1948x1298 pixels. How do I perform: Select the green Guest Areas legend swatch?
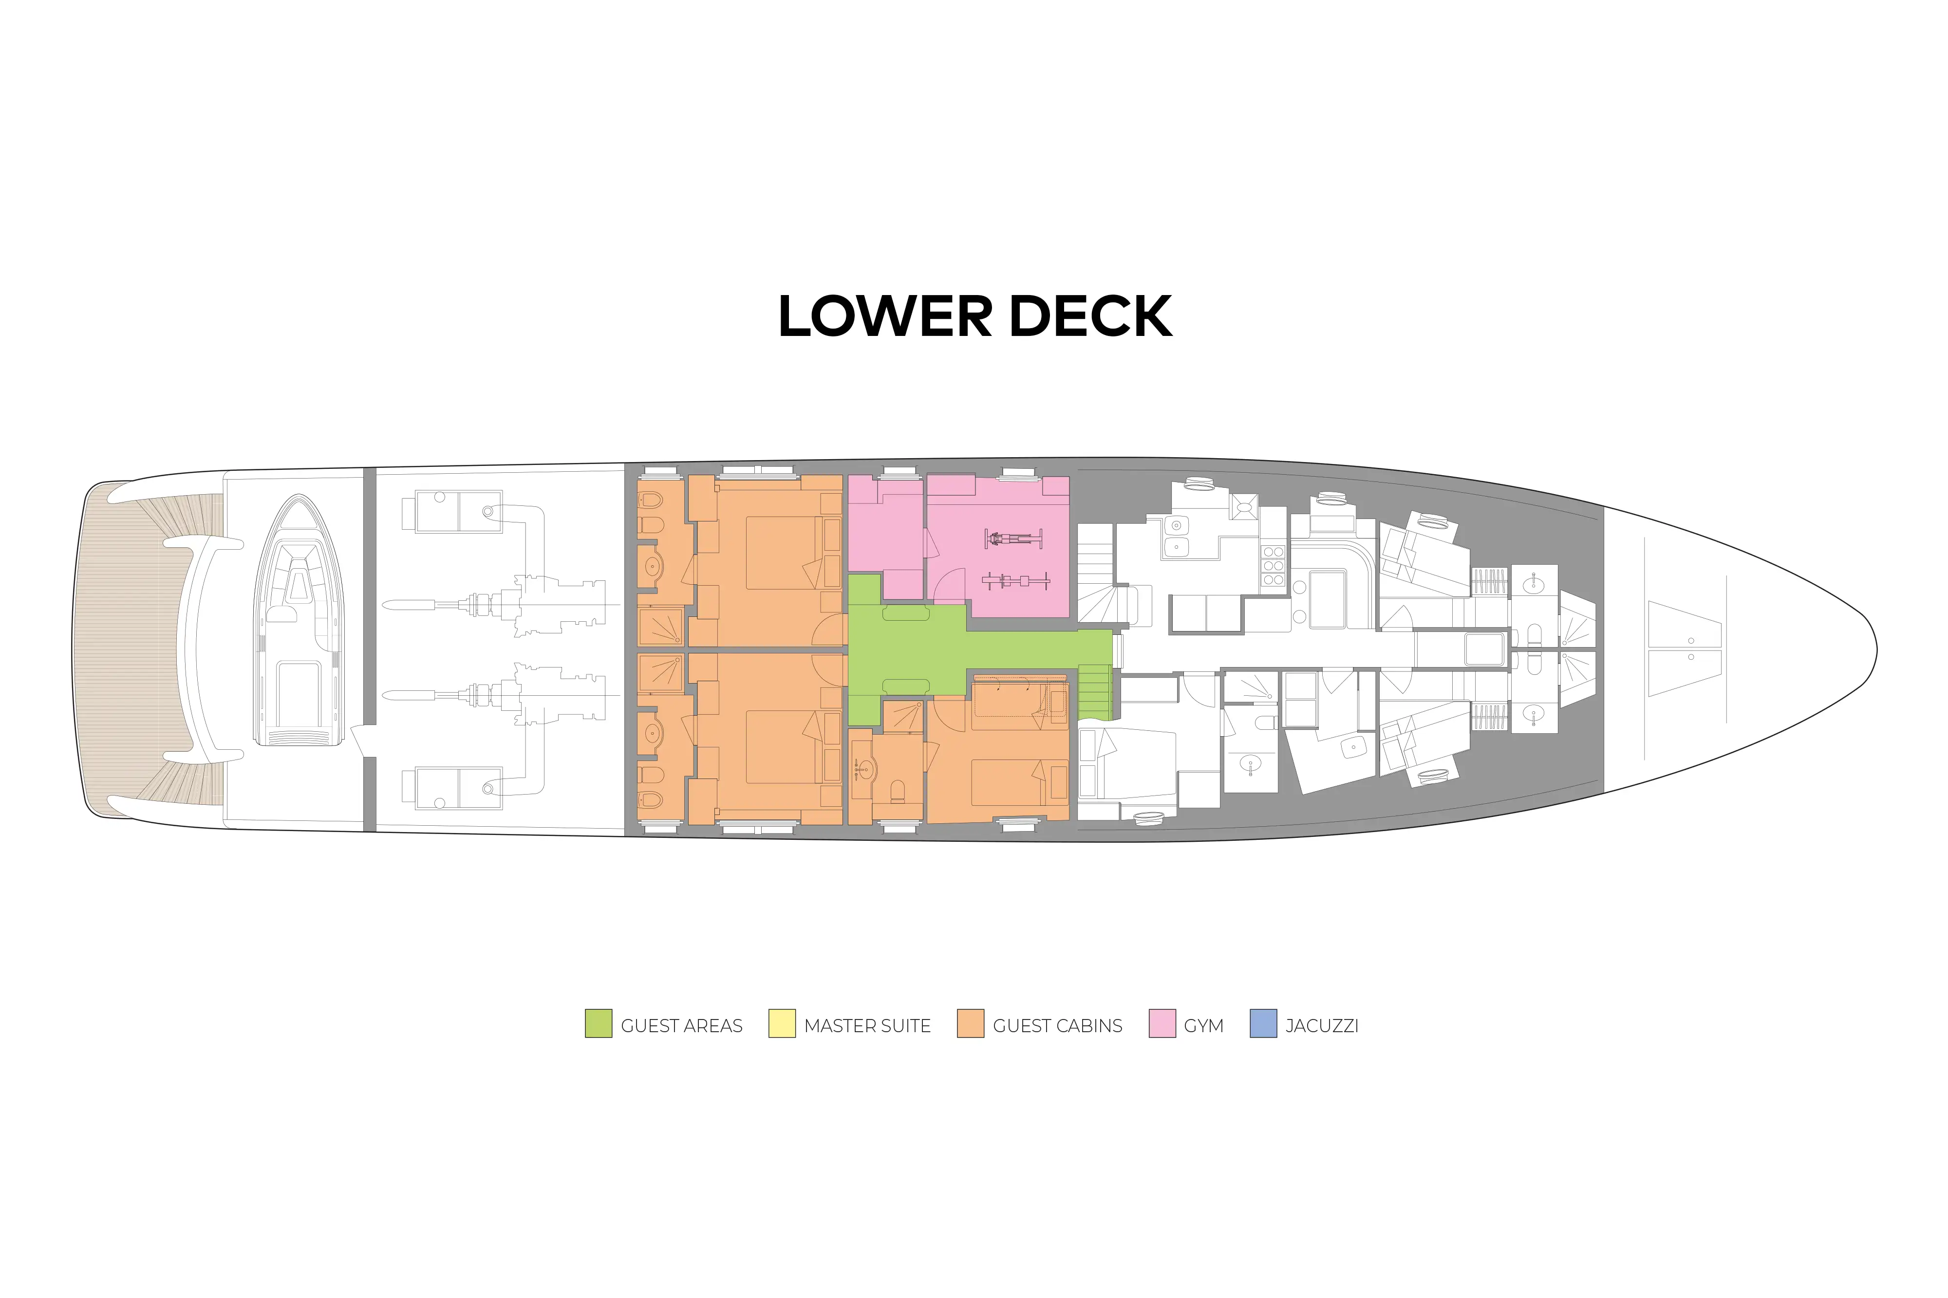coord(598,1023)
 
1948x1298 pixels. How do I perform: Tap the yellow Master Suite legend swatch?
coord(782,1023)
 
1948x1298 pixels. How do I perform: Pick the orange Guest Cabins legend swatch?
coord(970,1023)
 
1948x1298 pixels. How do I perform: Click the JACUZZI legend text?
coord(1322,1026)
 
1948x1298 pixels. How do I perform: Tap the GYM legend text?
coord(1204,1026)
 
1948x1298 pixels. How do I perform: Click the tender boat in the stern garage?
coord(299,621)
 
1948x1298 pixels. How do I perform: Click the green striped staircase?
coord(1094,691)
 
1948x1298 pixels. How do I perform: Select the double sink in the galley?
coord(1176,536)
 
